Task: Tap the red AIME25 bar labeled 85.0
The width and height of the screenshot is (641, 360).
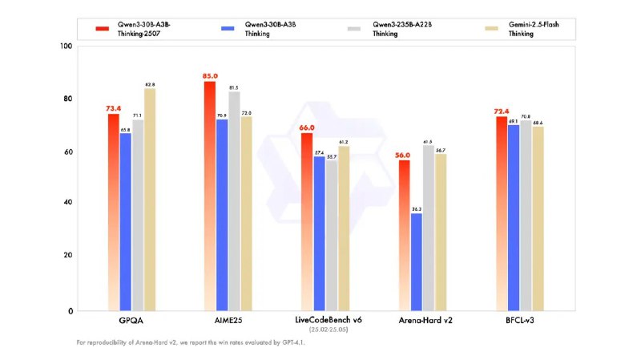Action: (210, 196)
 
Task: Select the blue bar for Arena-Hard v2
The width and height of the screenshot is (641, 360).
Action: (416, 261)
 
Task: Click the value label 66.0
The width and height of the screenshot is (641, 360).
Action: (307, 127)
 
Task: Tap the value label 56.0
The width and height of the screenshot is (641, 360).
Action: (403, 155)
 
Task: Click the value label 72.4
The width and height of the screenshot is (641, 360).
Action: (502, 111)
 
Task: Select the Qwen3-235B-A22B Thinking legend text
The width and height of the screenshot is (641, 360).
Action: (389, 28)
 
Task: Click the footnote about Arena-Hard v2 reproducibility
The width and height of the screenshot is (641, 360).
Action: (191, 342)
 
